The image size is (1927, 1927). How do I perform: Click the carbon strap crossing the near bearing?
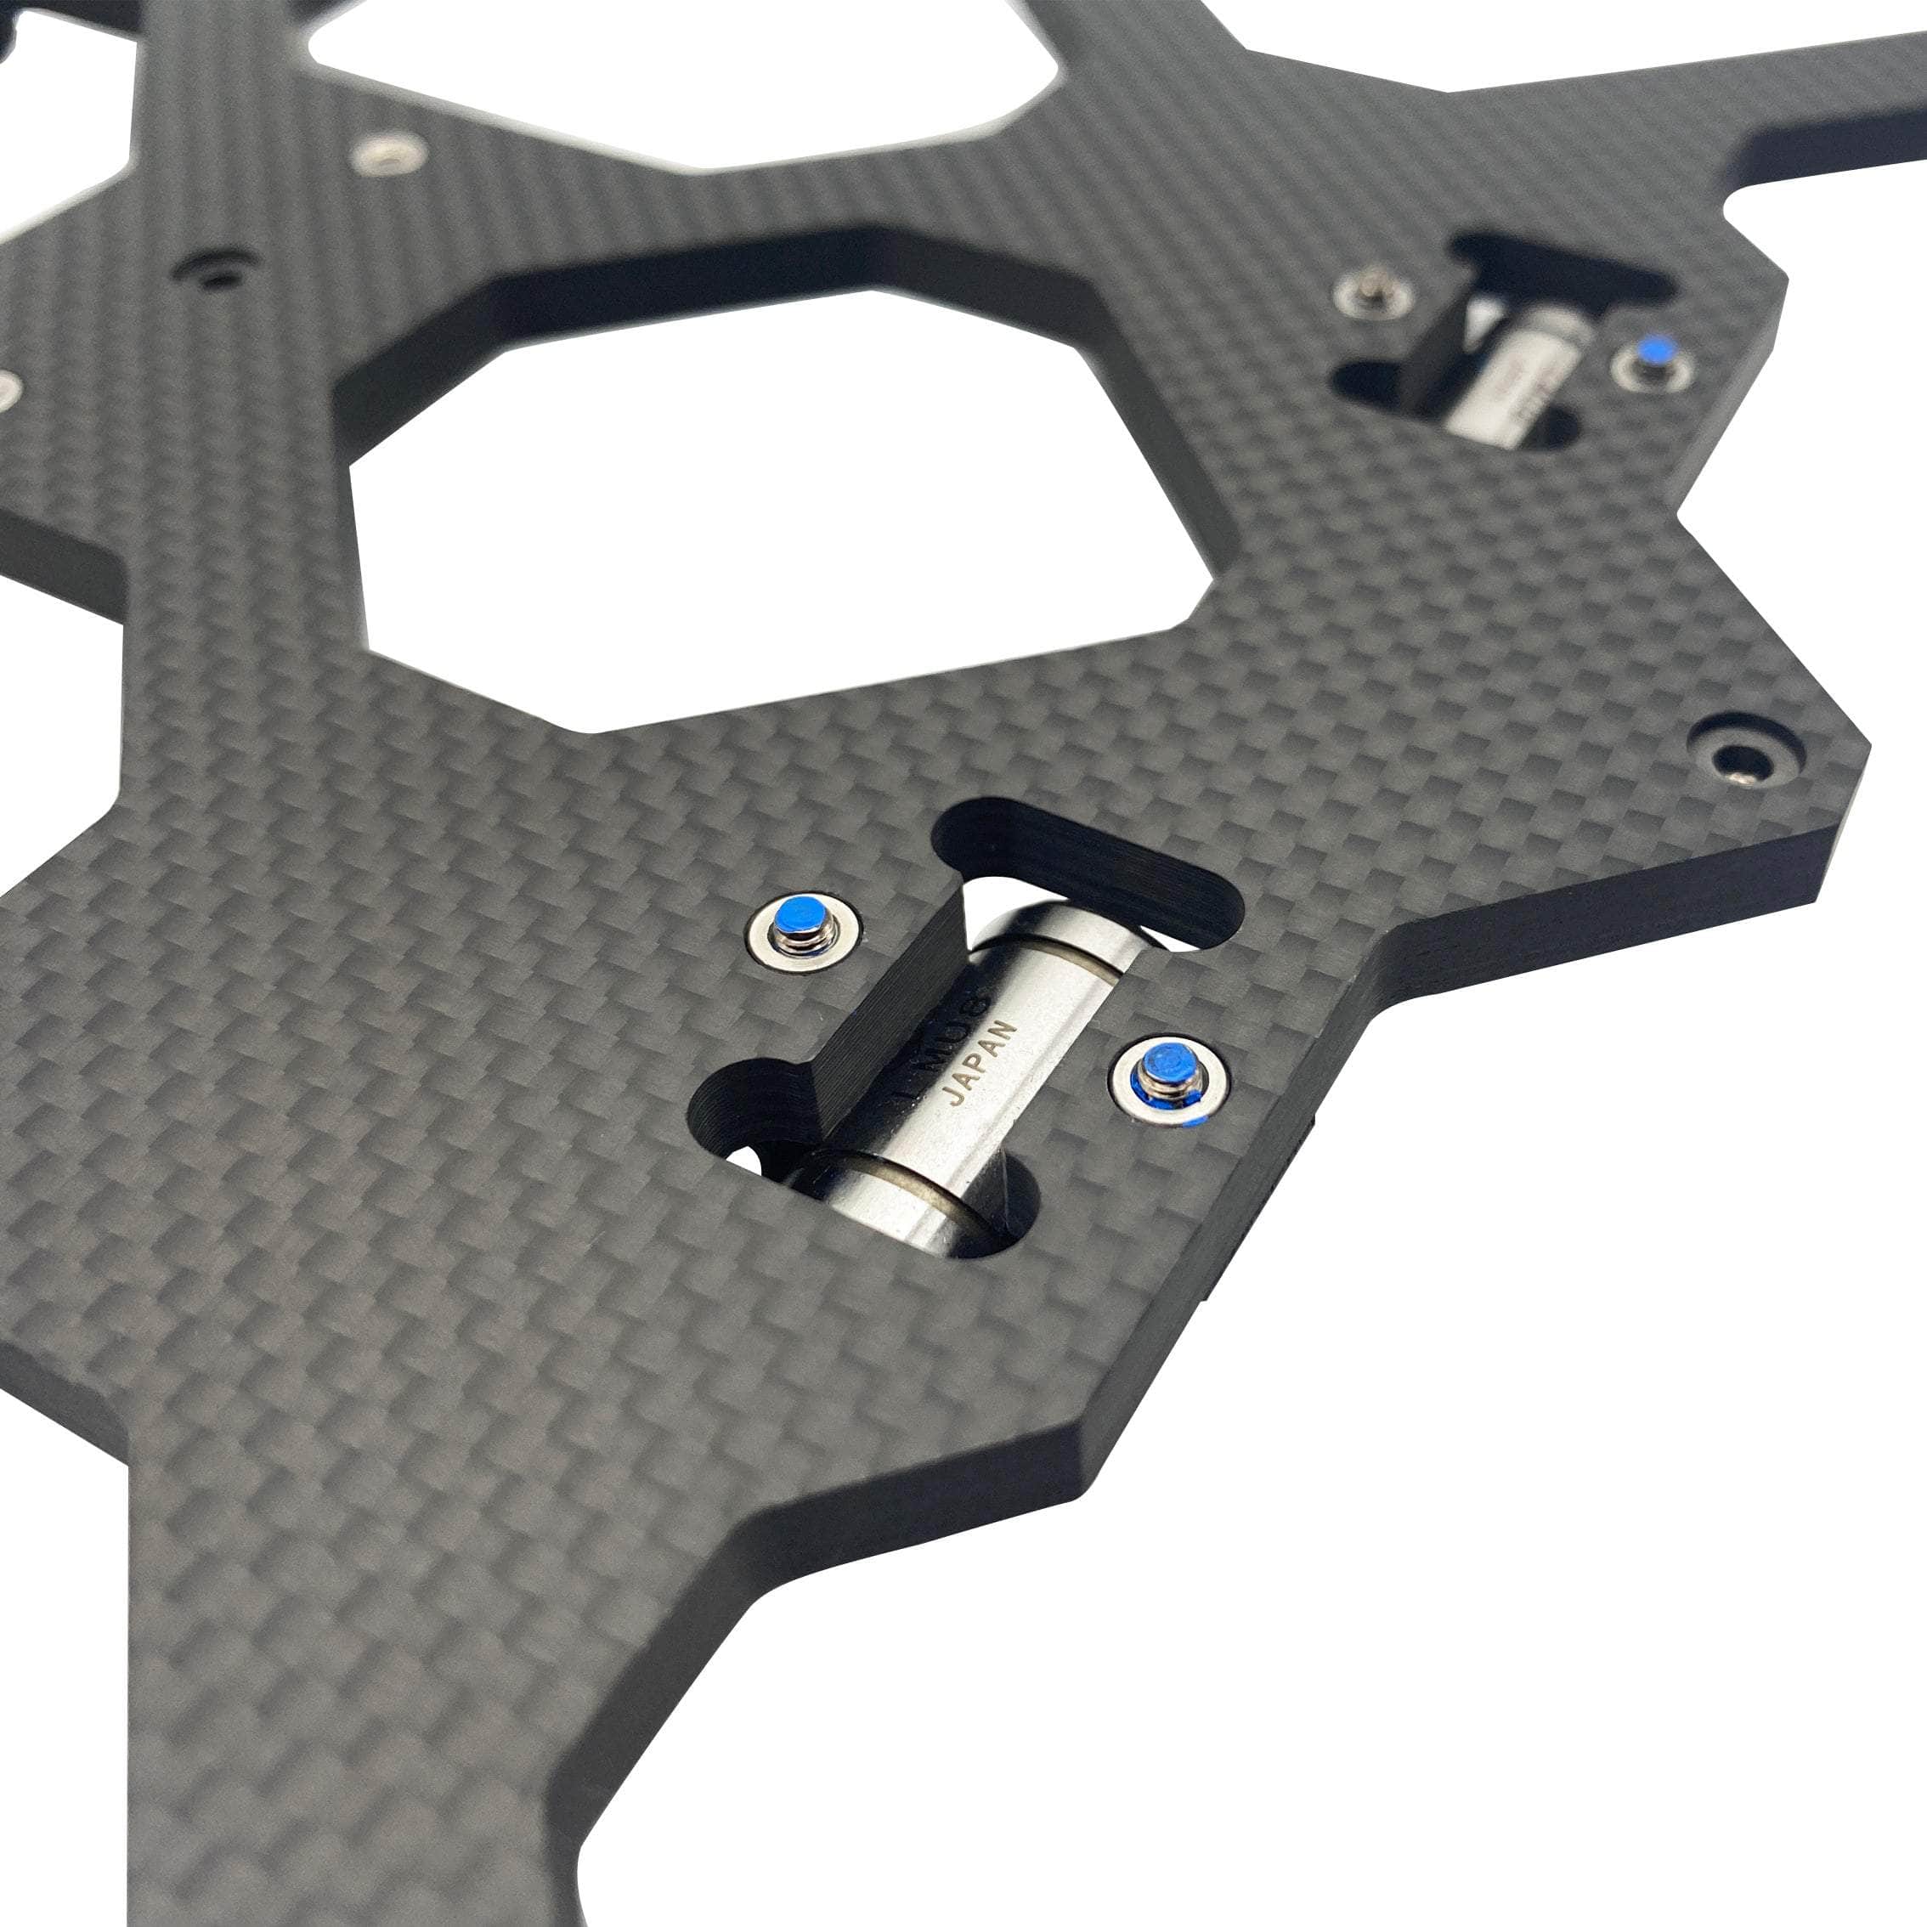888,1008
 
